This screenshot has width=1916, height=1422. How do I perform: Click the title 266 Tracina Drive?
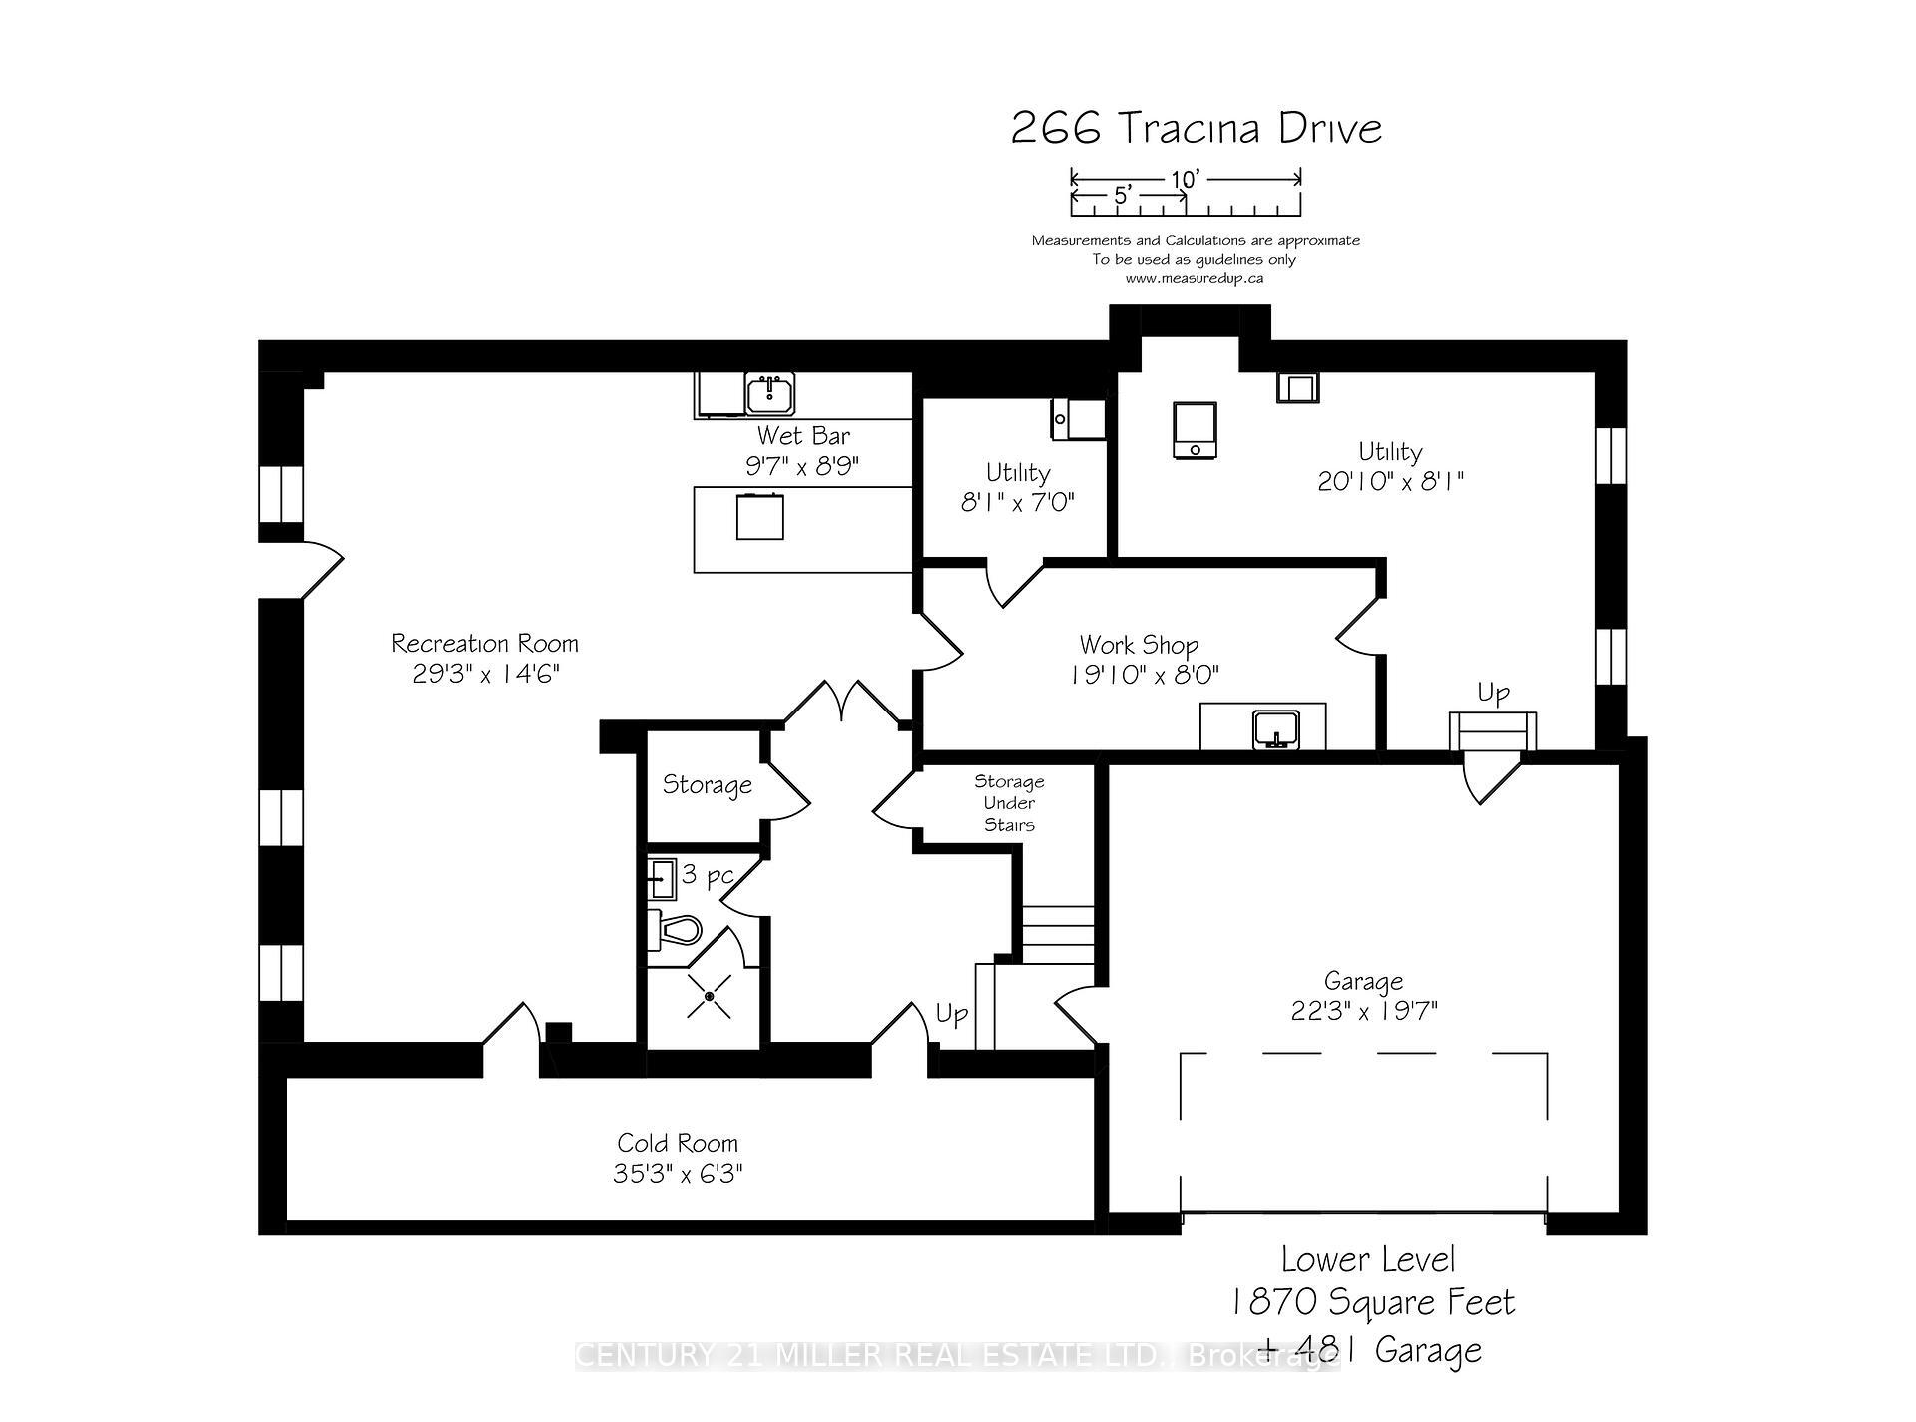click(x=1197, y=129)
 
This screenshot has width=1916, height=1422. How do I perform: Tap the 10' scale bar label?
click(x=1185, y=180)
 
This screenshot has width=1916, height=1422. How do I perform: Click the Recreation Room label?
click(x=484, y=644)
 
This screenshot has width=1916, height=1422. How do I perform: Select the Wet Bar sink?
click(x=769, y=395)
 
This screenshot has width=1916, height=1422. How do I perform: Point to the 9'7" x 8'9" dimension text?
click(x=802, y=466)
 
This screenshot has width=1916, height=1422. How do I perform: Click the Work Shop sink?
click(x=1275, y=728)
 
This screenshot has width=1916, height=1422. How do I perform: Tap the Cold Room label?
click(x=678, y=1143)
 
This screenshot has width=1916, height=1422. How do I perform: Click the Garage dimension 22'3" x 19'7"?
click(x=1363, y=1012)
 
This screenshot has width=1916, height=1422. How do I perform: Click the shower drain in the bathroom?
click(x=710, y=996)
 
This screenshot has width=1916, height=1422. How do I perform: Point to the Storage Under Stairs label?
click(x=1009, y=803)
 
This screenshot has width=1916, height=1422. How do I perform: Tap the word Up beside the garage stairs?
click(x=1493, y=693)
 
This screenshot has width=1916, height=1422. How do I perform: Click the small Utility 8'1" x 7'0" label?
click(x=1017, y=487)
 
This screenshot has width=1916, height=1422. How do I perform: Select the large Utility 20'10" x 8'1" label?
click(x=1390, y=467)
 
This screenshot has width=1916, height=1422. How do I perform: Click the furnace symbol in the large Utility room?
click(x=1195, y=430)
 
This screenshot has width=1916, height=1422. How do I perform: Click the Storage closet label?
click(x=707, y=785)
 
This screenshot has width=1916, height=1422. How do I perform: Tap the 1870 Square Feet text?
click(x=1373, y=1302)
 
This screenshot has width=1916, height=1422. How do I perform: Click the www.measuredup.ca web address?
click(x=1195, y=278)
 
